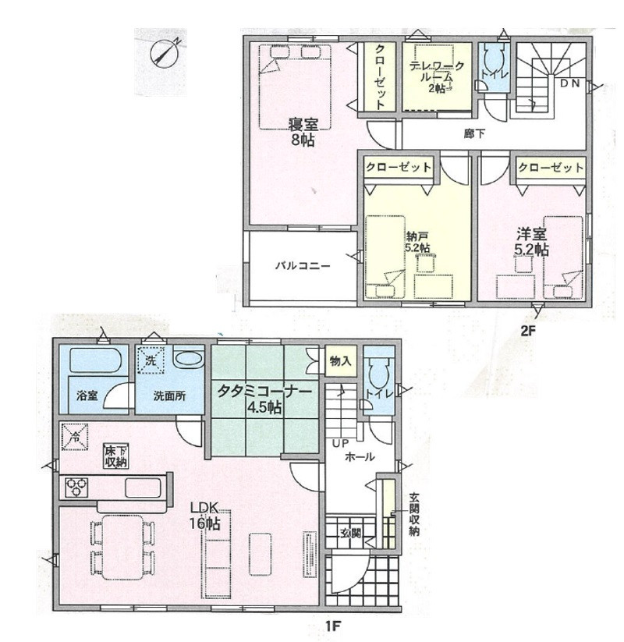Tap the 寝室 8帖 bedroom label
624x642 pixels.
[303, 132]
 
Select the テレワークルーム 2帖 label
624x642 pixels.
[438, 76]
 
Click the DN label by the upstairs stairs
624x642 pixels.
[569, 83]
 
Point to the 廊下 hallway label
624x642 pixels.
[474, 133]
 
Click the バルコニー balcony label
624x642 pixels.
[303, 266]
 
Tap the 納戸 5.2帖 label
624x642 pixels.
[417, 242]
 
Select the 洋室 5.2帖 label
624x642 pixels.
[532, 242]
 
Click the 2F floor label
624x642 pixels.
[528, 331]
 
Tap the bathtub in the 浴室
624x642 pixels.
[94, 360]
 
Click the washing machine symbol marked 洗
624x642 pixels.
[151, 360]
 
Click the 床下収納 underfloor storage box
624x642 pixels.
[116, 456]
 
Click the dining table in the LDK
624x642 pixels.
[122, 547]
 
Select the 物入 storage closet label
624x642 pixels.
[341, 361]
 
